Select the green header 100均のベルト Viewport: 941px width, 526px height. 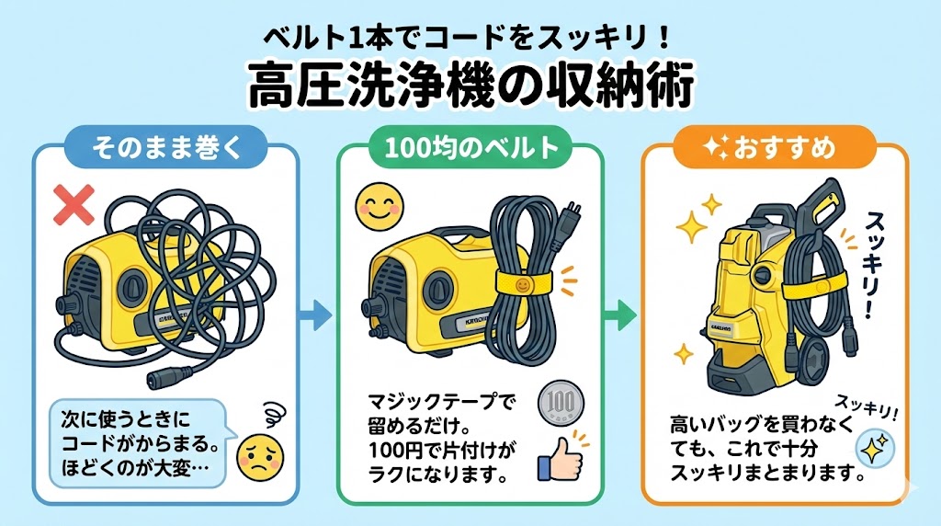click(470, 148)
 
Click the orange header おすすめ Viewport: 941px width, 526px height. click(774, 148)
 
